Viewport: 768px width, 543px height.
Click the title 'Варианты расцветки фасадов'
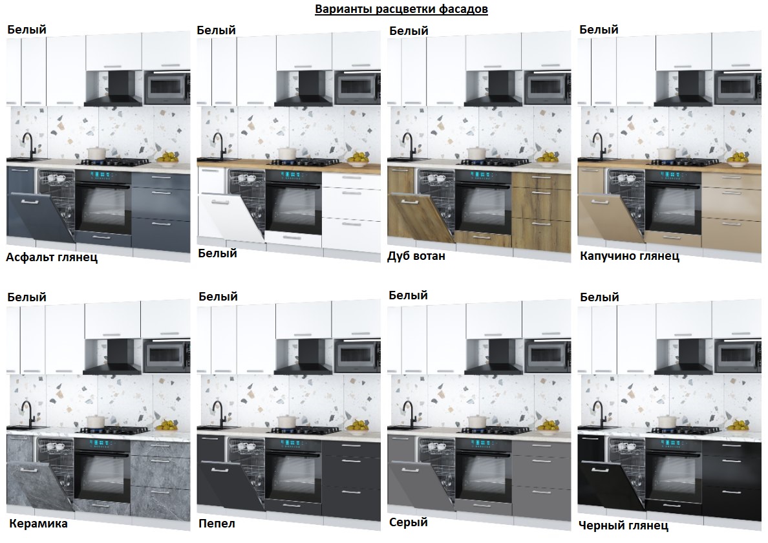pyautogui.click(x=401, y=9)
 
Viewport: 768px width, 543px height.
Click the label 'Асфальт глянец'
pyautogui.click(x=52, y=257)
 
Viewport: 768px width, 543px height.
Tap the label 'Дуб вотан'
pyautogui.click(x=416, y=256)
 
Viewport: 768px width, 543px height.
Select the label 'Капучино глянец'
pyautogui.click(x=630, y=256)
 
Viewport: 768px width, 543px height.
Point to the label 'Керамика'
pyautogui.click(x=38, y=524)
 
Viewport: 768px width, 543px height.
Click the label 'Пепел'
pyautogui.click(x=217, y=524)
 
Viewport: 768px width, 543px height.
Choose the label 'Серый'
pyautogui.click(x=408, y=522)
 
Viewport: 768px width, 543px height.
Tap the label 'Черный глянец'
pyautogui.click(x=623, y=526)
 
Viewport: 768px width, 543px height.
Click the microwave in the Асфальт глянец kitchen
pyautogui.click(x=167, y=87)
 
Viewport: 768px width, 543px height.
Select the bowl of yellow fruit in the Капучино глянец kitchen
pyautogui.click(x=736, y=157)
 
